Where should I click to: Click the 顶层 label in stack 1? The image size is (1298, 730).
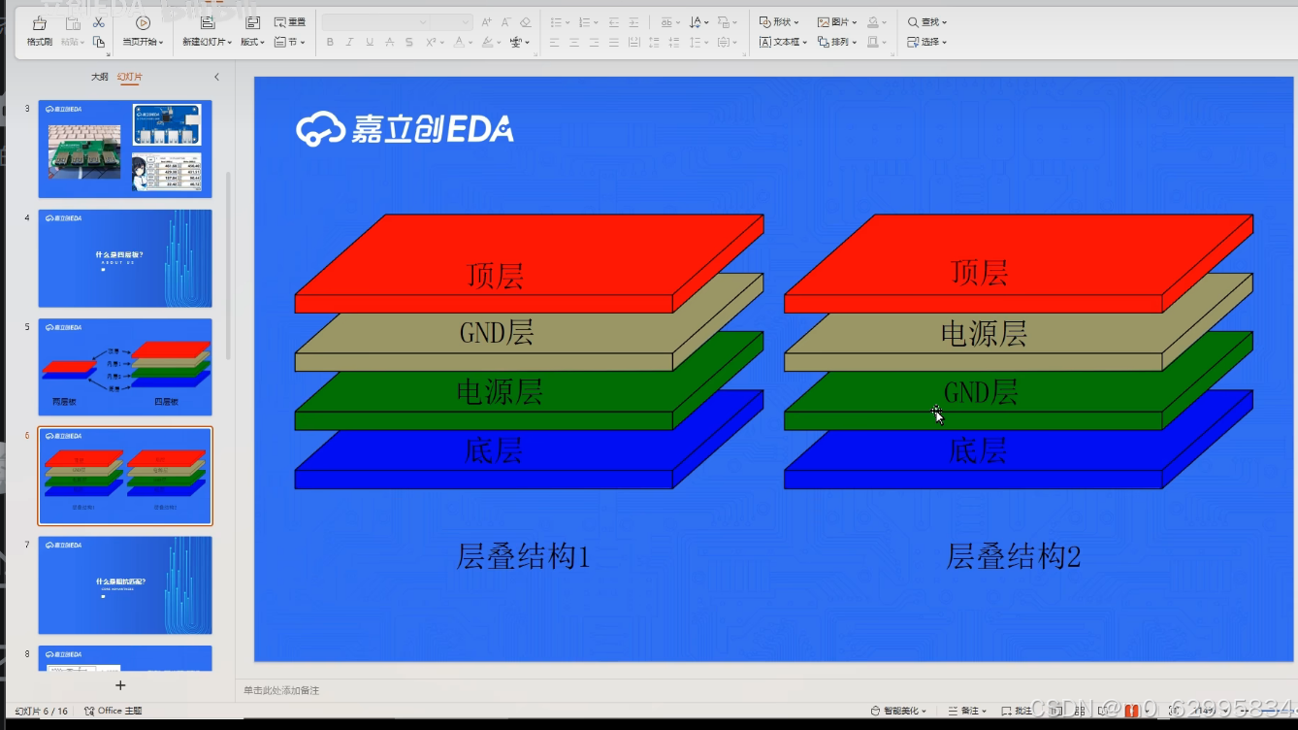(x=495, y=275)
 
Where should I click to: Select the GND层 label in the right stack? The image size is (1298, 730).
(x=981, y=392)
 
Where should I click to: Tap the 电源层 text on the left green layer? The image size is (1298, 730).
(x=499, y=392)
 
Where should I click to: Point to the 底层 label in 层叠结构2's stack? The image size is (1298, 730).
(x=978, y=450)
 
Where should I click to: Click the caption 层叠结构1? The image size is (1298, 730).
(x=523, y=556)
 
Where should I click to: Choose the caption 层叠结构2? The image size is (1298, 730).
(x=1013, y=556)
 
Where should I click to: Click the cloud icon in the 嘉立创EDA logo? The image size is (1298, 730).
(x=320, y=129)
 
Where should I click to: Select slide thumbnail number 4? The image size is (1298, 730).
(x=124, y=258)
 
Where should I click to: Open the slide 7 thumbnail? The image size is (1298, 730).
(x=124, y=584)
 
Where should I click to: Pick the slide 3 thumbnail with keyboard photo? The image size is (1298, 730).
(x=124, y=149)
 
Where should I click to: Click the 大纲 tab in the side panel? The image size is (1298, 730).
(x=99, y=77)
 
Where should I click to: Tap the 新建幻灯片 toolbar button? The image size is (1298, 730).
(x=207, y=31)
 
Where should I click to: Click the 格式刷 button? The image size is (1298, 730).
(x=40, y=31)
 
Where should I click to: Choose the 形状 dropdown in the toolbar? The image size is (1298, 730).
(x=779, y=21)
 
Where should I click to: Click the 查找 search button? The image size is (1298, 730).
(x=927, y=21)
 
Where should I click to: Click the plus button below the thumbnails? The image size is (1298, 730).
(x=120, y=685)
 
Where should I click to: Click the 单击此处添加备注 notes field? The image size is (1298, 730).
(x=281, y=690)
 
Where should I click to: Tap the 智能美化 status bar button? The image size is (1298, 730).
(x=898, y=711)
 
